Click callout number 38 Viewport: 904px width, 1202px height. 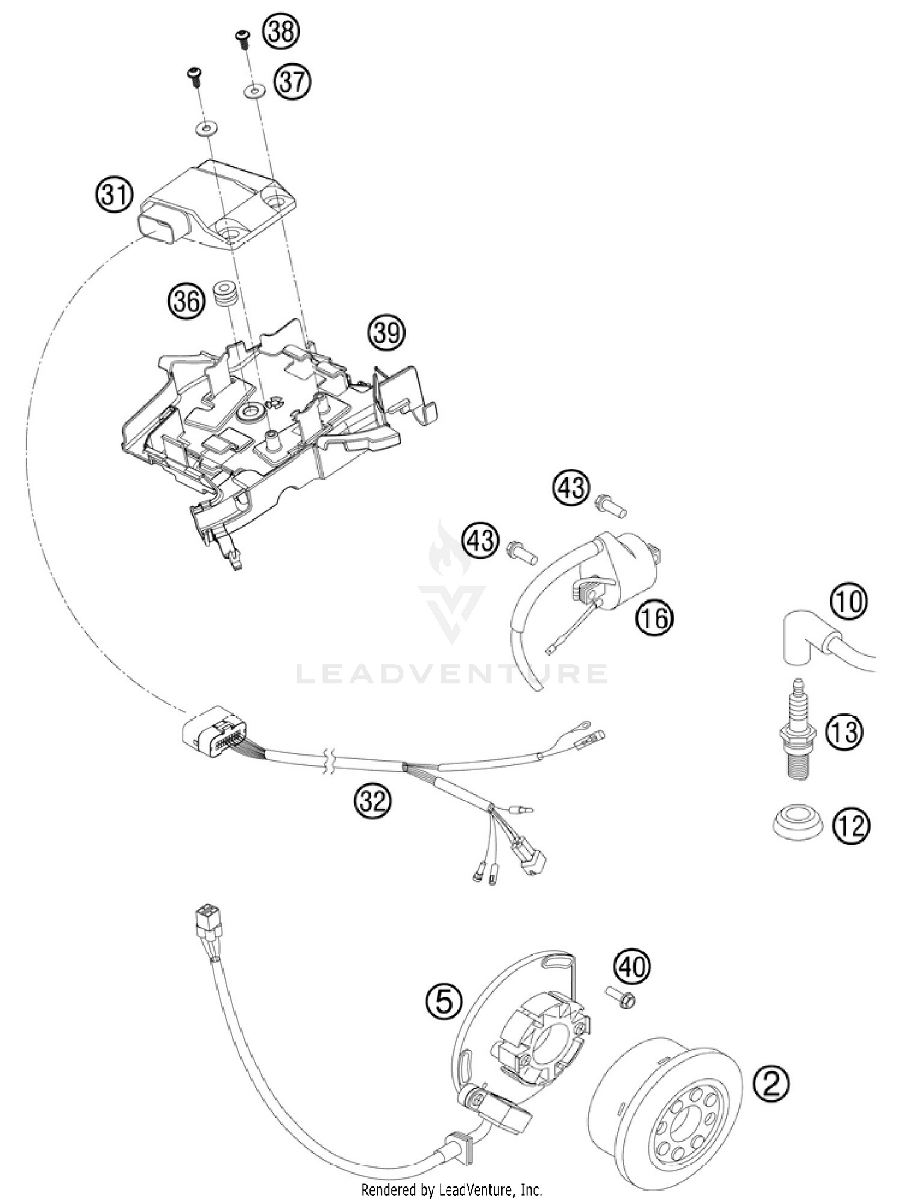point(281,31)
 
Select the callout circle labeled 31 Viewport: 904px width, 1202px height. point(115,195)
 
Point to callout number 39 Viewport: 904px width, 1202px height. point(387,332)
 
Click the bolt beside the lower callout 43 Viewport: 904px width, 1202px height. point(522,551)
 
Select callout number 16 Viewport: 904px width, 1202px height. point(654,618)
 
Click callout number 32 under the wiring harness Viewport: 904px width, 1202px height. point(372,801)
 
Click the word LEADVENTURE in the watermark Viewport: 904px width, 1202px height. point(452,674)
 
